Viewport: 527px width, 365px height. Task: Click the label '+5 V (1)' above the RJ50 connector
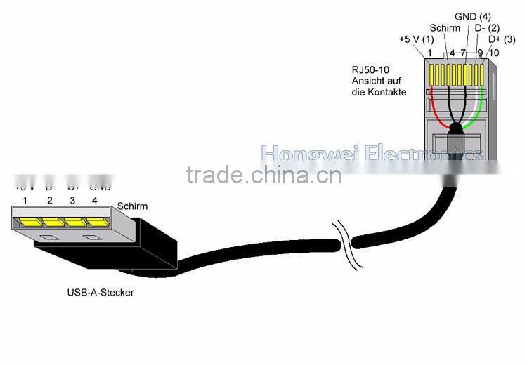tap(415, 39)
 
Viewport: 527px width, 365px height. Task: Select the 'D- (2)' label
tap(487, 28)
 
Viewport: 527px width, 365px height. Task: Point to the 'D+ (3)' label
tap(502, 39)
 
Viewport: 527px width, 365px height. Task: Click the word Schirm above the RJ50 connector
tap(445, 28)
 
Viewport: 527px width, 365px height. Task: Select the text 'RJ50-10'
tap(368, 70)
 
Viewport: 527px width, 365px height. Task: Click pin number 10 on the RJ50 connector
tap(494, 53)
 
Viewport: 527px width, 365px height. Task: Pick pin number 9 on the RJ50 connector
tap(480, 53)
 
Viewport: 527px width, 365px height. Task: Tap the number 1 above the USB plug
tap(25, 201)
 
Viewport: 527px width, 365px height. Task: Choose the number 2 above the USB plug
tap(48, 201)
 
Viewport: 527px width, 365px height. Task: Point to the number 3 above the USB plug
tap(72, 201)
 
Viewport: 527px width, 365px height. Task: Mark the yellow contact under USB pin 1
tap(30, 223)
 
